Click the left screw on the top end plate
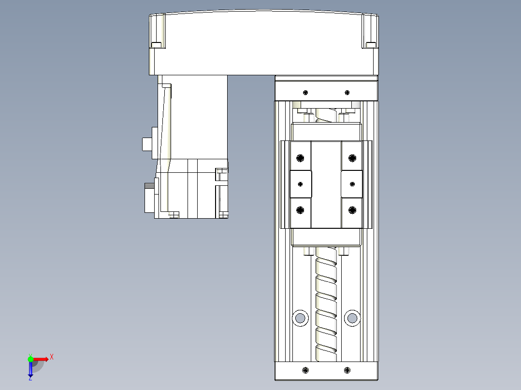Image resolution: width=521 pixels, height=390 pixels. [x=305, y=92]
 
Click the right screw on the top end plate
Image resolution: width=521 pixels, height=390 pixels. [x=347, y=92]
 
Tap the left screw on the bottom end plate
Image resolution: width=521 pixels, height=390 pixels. [x=305, y=370]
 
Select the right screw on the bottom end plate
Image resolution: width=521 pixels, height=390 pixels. [x=347, y=370]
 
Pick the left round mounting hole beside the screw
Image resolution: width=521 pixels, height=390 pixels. [x=300, y=318]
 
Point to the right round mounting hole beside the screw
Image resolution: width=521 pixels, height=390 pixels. [x=352, y=318]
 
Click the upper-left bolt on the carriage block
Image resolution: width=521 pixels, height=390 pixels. [x=301, y=158]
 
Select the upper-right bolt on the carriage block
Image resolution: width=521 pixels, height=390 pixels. [x=352, y=158]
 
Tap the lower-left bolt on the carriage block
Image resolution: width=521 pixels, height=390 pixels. [x=301, y=209]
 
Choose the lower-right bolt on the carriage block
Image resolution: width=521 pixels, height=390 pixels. [x=352, y=209]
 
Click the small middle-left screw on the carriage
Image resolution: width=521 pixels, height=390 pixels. [x=301, y=184]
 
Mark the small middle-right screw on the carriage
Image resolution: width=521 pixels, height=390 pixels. [x=352, y=184]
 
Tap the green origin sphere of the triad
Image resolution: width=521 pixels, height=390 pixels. [x=30, y=359]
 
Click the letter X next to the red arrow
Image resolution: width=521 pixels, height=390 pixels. [x=52, y=357]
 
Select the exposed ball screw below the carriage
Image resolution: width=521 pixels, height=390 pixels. [x=326, y=304]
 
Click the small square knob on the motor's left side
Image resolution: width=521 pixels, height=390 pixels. [x=146, y=144]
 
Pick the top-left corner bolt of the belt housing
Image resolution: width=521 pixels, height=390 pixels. [x=156, y=45]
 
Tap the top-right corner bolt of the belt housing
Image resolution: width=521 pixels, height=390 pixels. [x=371, y=45]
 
